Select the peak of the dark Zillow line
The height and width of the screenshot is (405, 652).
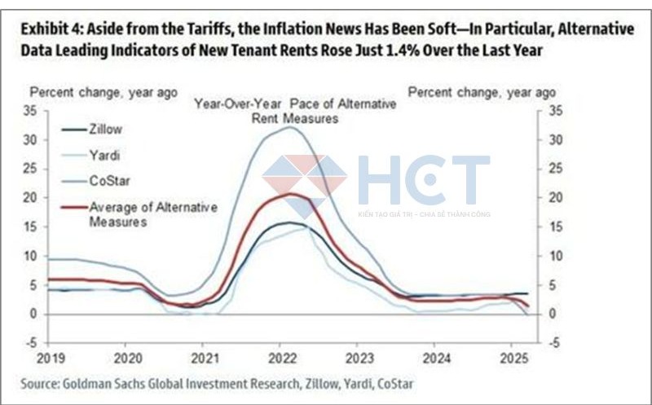click(287, 222)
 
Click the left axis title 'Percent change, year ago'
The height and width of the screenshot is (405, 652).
click(104, 92)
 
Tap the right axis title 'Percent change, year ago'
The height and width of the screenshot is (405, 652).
click(481, 92)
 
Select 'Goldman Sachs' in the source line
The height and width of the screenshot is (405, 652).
click(102, 384)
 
